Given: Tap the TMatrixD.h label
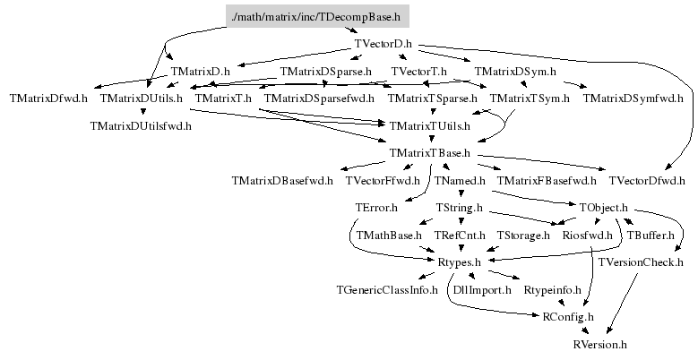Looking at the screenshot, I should click(201, 71).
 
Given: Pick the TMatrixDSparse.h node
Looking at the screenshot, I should click(326, 71).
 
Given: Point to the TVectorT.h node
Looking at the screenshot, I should click(419, 71).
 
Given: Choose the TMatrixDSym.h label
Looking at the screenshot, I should click(515, 71).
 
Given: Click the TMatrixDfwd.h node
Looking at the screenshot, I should click(48, 98).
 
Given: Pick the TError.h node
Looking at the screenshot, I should click(376, 208).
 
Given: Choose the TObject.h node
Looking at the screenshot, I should click(604, 208).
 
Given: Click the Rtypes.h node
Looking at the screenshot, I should click(460, 262).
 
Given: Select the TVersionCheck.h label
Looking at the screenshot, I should click(641, 262).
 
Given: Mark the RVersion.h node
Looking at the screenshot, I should click(600, 344).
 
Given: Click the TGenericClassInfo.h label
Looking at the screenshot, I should click(387, 289).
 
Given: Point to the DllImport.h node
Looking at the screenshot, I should click(482, 289).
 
